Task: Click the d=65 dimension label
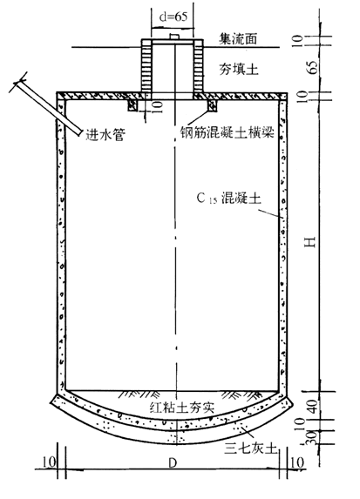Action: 173,17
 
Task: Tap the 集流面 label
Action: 238,38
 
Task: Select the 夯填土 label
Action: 238,69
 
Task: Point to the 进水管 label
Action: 105,135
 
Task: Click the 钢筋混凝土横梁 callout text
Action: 228,131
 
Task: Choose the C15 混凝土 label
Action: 228,198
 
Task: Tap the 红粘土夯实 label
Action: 182,408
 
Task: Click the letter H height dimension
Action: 309,242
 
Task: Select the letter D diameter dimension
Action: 173,463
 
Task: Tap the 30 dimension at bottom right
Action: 311,437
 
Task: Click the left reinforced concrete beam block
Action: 132,105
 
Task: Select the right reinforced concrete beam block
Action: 212,105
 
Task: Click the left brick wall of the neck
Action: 146,65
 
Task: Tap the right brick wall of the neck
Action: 198,65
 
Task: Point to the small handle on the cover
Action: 173,37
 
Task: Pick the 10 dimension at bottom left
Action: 49,462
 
